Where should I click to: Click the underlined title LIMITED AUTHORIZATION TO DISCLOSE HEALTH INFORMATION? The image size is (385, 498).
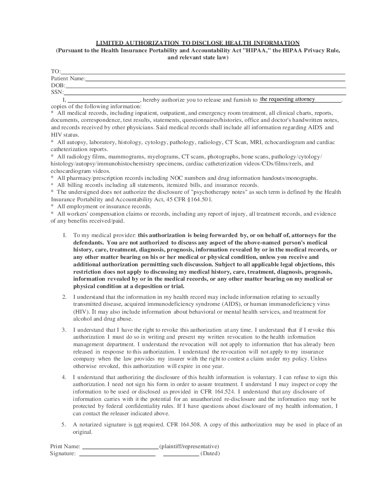click(198, 43)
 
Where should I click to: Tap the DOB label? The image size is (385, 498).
click(58, 86)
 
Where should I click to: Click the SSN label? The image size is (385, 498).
click(57, 93)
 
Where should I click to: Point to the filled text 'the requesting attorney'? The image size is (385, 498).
click(287, 99)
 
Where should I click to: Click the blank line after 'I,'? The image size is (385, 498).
click(103, 100)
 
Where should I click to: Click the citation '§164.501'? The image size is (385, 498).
click(199, 199)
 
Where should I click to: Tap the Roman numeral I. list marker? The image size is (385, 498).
click(64, 235)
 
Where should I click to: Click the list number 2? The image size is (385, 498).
click(64, 297)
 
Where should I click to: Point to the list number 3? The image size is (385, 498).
click(64, 330)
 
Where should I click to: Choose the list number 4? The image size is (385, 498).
click(64, 377)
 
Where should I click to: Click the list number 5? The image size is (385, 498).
click(64, 425)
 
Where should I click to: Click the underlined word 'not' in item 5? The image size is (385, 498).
click(138, 425)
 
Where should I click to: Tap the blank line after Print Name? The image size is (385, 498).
click(120, 447)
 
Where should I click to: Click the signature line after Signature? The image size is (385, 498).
click(117, 454)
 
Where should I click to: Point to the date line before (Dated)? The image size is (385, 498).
click(181, 454)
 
